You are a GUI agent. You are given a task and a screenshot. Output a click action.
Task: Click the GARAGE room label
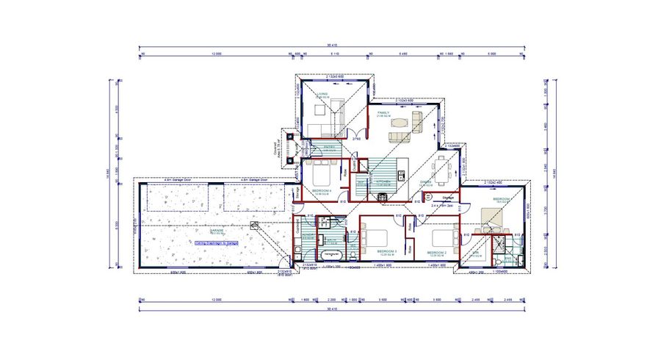coord(217,230)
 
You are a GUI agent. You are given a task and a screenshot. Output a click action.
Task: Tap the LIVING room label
coord(321,95)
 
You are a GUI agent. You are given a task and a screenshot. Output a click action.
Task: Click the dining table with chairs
coord(443,169)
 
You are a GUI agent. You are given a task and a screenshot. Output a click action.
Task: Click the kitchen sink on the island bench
coord(401,174)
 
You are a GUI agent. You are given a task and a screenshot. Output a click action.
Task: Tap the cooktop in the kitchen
coord(383,197)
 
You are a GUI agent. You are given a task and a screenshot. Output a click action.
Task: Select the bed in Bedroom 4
coord(321,176)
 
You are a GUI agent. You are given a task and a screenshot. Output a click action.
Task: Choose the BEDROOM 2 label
coord(438,253)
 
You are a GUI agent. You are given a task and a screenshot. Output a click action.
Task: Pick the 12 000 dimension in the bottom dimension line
coord(217,300)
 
